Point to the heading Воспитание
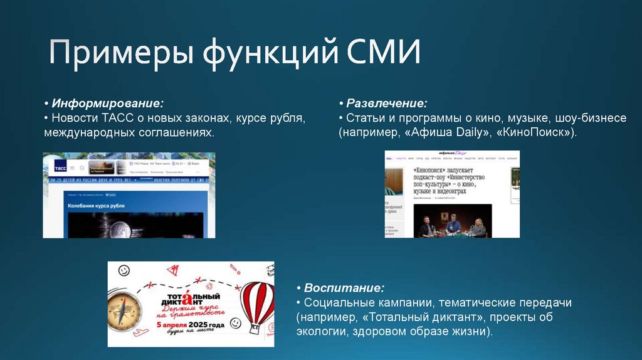[x=344, y=288]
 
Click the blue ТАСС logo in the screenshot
[x=60, y=168]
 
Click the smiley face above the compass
[x=124, y=271]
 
